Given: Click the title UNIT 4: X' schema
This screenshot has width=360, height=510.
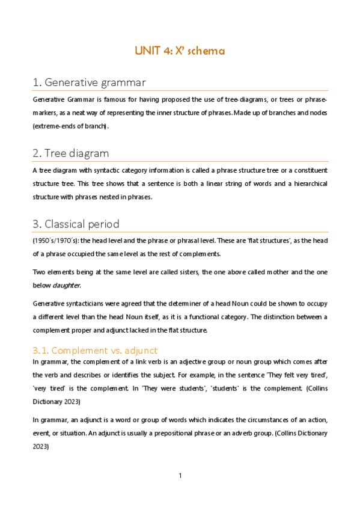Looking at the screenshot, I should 180,51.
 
